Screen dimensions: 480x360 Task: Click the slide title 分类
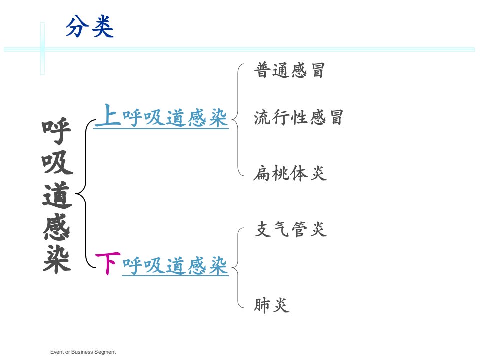click(90, 27)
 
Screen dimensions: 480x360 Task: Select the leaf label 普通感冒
click(289, 70)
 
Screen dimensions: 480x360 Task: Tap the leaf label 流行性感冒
click(298, 117)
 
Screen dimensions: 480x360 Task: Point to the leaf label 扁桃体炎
click(290, 173)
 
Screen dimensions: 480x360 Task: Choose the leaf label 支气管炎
click(291, 229)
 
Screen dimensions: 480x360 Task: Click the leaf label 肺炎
click(272, 305)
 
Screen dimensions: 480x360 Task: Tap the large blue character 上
click(108, 115)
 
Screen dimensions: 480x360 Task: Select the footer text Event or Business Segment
click(83, 352)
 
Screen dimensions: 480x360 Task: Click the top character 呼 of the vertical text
click(57, 131)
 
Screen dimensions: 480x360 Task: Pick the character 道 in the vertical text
click(57, 195)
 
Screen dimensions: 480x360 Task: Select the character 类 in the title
click(103, 27)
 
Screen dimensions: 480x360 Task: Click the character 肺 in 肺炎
click(262, 305)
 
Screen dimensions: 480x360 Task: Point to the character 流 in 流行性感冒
click(262, 117)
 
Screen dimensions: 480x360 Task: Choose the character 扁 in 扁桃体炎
click(262, 173)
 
